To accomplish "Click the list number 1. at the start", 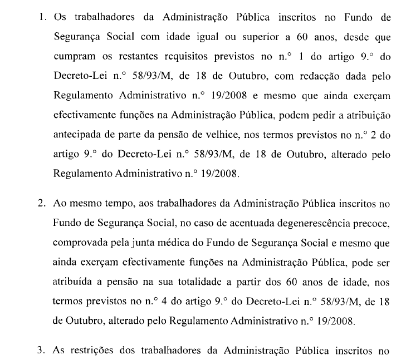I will pos(41,18).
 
